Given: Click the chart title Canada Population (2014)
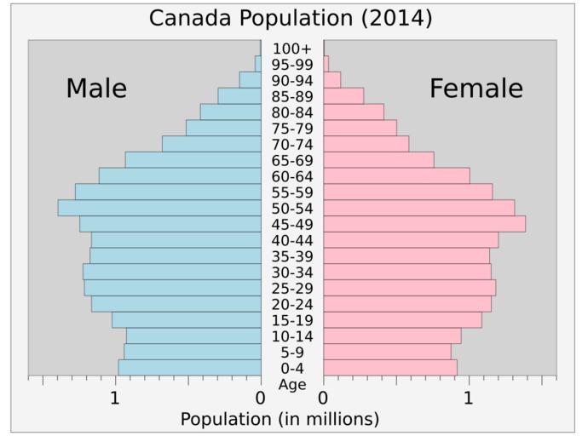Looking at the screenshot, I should (x=291, y=17).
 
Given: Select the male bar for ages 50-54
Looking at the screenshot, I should (x=159, y=208).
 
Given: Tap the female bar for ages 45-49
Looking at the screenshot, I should (x=424, y=224).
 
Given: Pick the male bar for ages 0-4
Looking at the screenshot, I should (x=189, y=368).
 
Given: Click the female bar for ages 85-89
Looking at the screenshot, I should (x=343, y=95).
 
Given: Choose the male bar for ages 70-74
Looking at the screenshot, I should (x=211, y=144).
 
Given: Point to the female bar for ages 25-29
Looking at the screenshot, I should (x=409, y=288).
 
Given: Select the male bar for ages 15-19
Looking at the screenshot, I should (x=186, y=320).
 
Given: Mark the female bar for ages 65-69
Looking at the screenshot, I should (x=378, y=160).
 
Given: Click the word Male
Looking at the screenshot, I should (x=96, y=89).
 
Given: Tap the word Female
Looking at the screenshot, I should (x=475, y=89).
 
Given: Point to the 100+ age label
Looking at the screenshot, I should (x=292, y=49).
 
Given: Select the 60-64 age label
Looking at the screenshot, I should (x=292, y=176).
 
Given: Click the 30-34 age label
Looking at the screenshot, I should (x=292, y=272).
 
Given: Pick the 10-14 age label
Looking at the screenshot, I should (x=292, y=336).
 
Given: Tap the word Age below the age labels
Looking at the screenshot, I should (x=292, y=384).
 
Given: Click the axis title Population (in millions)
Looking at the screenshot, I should (x=279, y=419).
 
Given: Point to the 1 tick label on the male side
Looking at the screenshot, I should (x=115, y=397).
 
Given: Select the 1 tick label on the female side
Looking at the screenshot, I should (x=468, y=397).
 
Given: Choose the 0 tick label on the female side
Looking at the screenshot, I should (x=323, y=397).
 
